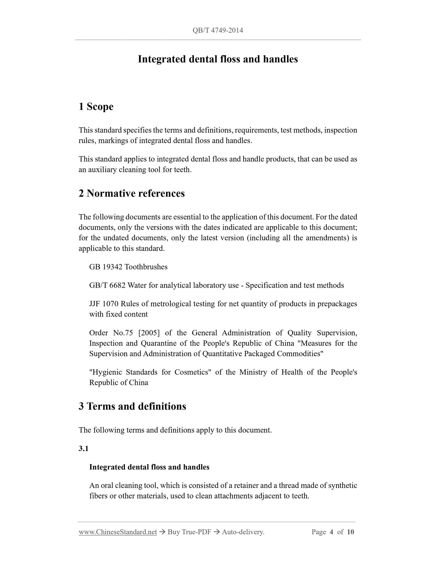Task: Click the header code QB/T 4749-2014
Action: [x=218, y=30]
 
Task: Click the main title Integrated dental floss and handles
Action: [x=218, y=59]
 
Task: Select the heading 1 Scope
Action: [x=96, y=106]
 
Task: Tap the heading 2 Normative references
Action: [x=132, y=193]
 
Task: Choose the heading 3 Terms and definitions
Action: [x=132, y=406]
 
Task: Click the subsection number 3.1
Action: [x=84, y=448]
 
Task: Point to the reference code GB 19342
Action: [x=106, y=267]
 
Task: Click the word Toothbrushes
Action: [x=146, y=267]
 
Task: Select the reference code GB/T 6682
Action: [x=107, y=285]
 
